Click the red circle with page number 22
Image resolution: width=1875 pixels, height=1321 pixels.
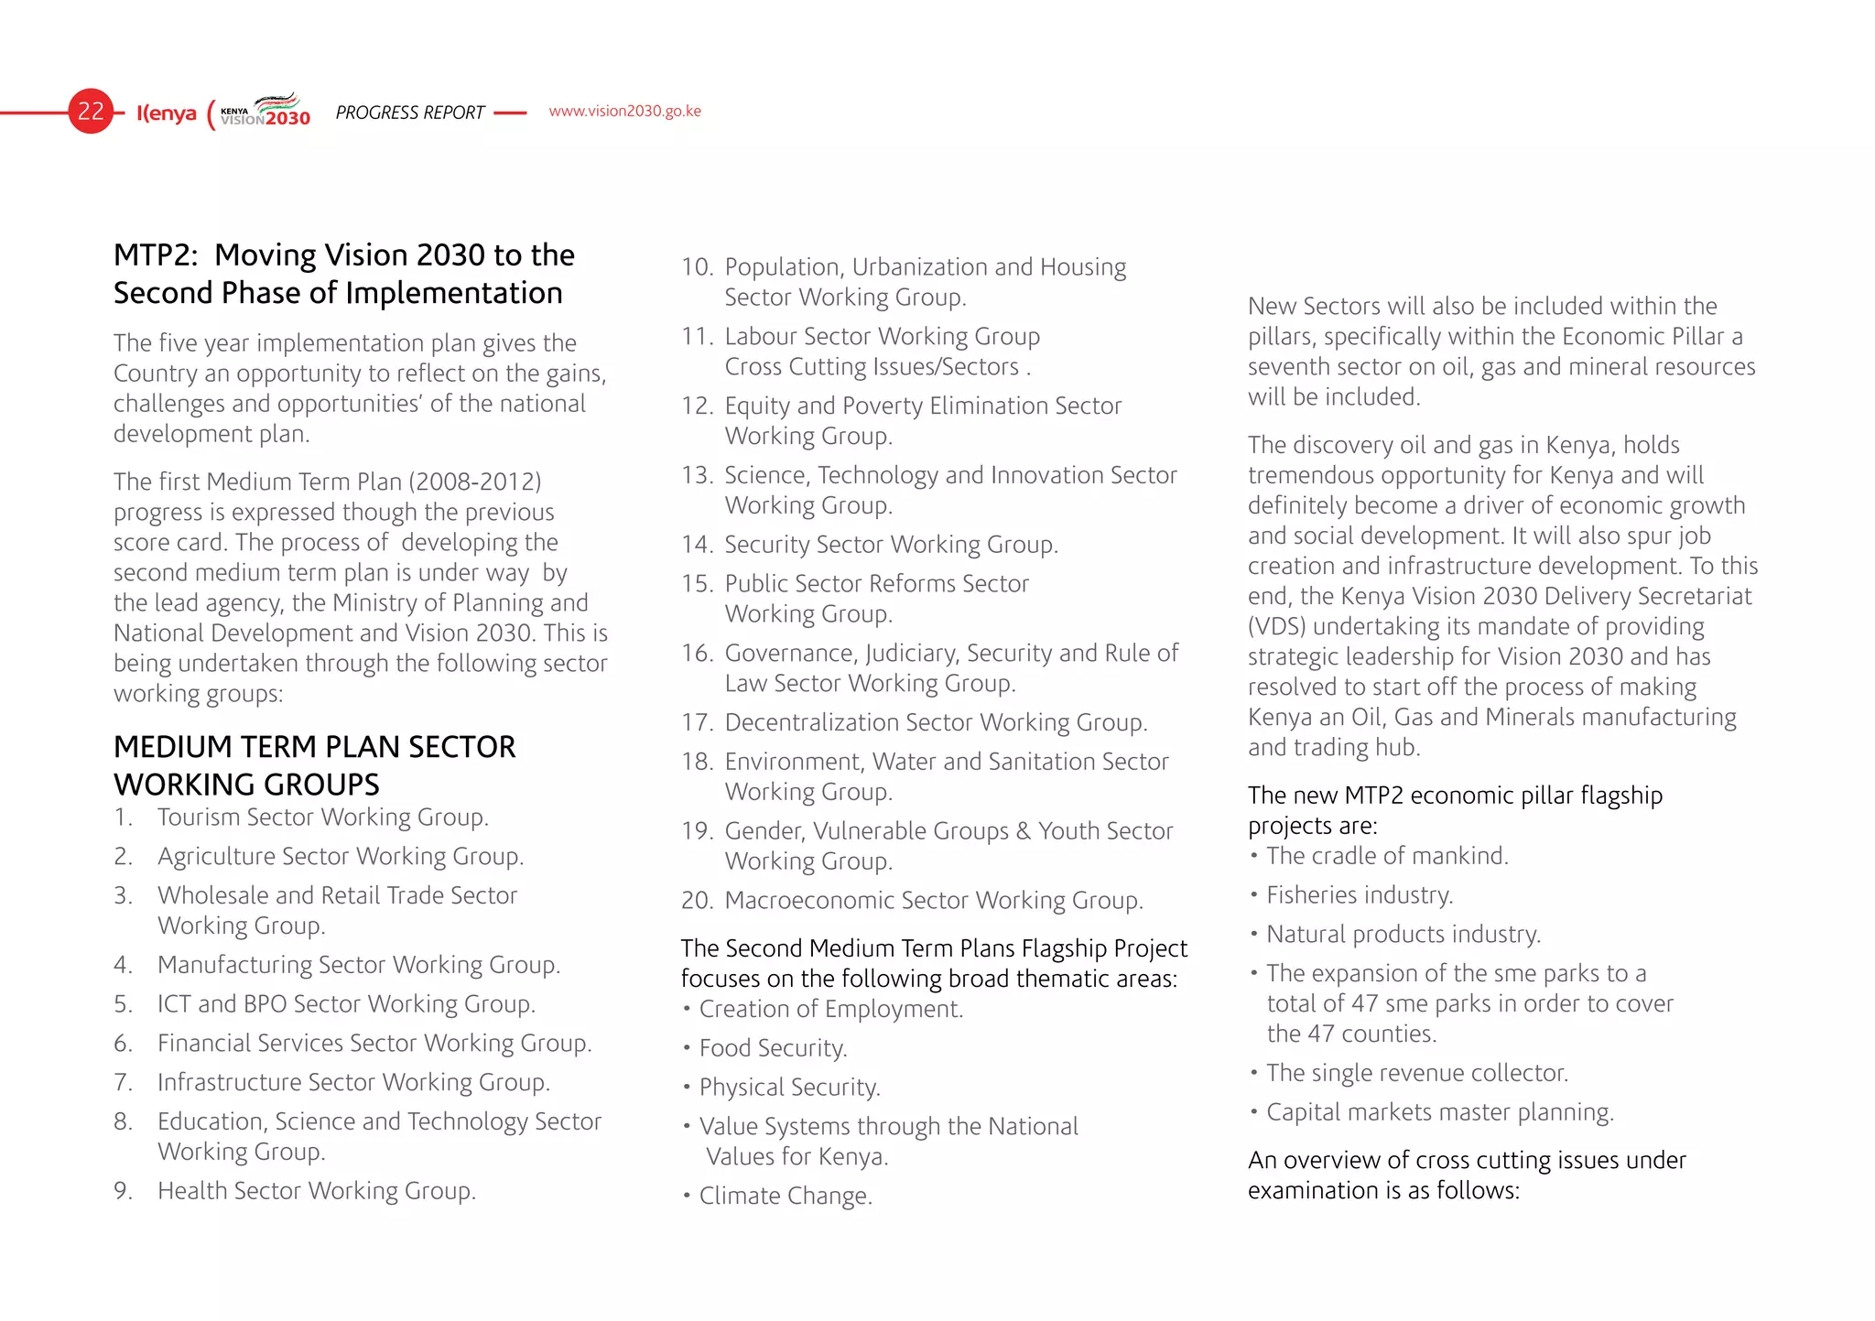91,112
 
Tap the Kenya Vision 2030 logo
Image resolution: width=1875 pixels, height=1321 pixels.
265,112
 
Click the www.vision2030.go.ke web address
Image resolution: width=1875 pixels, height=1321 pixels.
624,111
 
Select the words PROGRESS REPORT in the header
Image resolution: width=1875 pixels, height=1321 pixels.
409,113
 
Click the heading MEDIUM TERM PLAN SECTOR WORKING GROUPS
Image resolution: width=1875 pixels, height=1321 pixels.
314,765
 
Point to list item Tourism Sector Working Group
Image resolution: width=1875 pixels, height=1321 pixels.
322,817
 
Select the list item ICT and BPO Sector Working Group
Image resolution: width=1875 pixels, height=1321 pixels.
345,1003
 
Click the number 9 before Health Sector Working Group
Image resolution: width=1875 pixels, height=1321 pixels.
123,1190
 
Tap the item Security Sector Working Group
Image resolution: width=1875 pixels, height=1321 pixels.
891,544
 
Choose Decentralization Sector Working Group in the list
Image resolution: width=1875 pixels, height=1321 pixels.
935,722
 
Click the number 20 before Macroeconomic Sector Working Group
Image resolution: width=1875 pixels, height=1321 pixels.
697,900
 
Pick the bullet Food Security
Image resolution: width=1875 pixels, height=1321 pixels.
773,1047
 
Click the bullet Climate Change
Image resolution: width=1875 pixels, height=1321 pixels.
785,1196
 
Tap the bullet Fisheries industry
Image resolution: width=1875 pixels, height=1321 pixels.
1359,894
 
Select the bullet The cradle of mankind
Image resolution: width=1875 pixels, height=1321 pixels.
1386,855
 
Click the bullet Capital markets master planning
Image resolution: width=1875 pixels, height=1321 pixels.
1439,1111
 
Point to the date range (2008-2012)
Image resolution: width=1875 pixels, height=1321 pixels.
475,482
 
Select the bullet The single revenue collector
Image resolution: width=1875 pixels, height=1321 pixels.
1416,1072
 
